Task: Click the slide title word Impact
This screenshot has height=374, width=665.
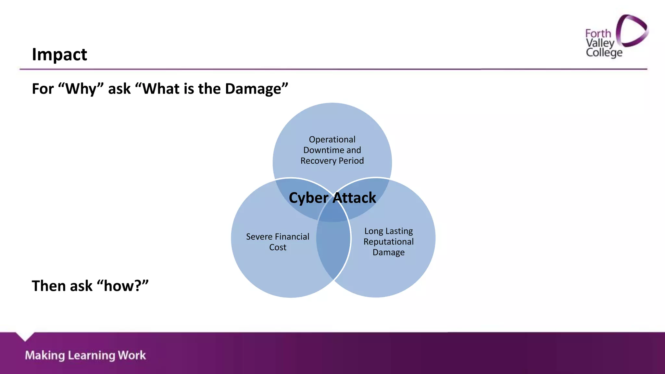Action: click(x=59, y=55)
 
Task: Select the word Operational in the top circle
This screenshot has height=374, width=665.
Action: click(x=332, y=140)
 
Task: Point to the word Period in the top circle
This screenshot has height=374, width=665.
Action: click(x=351, y=161)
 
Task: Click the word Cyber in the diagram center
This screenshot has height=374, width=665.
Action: click(x=308, y=198)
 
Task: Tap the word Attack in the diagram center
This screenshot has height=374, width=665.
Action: click(x=355, y=198)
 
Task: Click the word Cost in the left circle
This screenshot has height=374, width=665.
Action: click(x=278, y=247)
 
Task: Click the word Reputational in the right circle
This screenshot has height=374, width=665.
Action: click(x=388, y=242)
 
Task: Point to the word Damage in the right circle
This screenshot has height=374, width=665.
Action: click(x=388, y=253)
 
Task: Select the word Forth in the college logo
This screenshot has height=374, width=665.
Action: click(x=598, y=33)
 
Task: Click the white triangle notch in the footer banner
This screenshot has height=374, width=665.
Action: click(x=25, y=336)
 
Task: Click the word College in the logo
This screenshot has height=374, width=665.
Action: click(x=604, y=53)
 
